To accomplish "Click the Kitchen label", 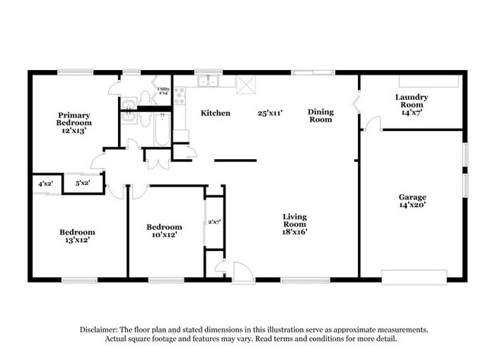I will click(216, 113).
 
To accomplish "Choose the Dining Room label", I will click(321, 116).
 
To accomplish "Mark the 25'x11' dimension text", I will click(270, 113).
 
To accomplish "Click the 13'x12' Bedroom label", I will click(78, 237).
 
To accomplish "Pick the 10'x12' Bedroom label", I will click(164, 231).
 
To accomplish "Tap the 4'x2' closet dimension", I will click(46, 183).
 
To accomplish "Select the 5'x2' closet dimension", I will click(82, 183).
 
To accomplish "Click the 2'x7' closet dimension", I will click(214, 221).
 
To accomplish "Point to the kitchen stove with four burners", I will click(180, 95).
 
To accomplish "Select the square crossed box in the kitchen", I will click(246, 84).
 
